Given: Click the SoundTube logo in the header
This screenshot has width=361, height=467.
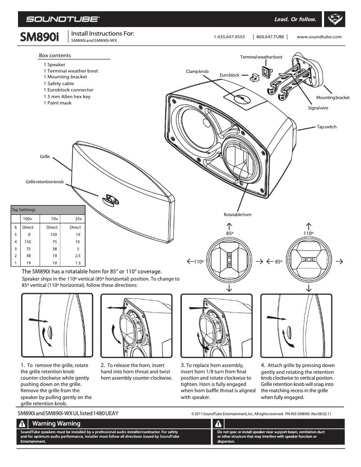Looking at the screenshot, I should tap(63, 19).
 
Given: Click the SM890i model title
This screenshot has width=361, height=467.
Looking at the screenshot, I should tap(39, 37).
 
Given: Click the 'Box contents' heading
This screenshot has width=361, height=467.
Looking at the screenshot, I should tap(54, 55).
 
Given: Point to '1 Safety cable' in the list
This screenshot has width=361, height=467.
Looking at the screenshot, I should tap(59, 84).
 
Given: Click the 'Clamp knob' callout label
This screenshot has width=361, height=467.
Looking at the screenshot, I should tap(197, 72).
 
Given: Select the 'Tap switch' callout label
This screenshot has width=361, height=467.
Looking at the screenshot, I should tap(326, 127).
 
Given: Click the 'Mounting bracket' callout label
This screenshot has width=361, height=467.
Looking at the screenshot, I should tap(333, 98).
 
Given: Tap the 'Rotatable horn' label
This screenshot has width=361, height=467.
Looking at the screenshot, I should tap(237, 214).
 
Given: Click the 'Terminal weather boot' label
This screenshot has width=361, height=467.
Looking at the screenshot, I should tap(261, 57).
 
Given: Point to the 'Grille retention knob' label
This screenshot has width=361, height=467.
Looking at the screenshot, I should tap(45, 181).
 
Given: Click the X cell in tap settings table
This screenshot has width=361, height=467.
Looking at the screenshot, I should tap(29, 235).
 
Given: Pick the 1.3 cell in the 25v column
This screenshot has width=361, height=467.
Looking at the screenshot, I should tap(77, 263).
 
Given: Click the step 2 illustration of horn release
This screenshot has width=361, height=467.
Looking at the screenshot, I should tap(136, 325).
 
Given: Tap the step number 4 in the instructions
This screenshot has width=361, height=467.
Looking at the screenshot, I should tap(263, 365).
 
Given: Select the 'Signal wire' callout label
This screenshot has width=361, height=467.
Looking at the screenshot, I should tap(318, 108).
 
